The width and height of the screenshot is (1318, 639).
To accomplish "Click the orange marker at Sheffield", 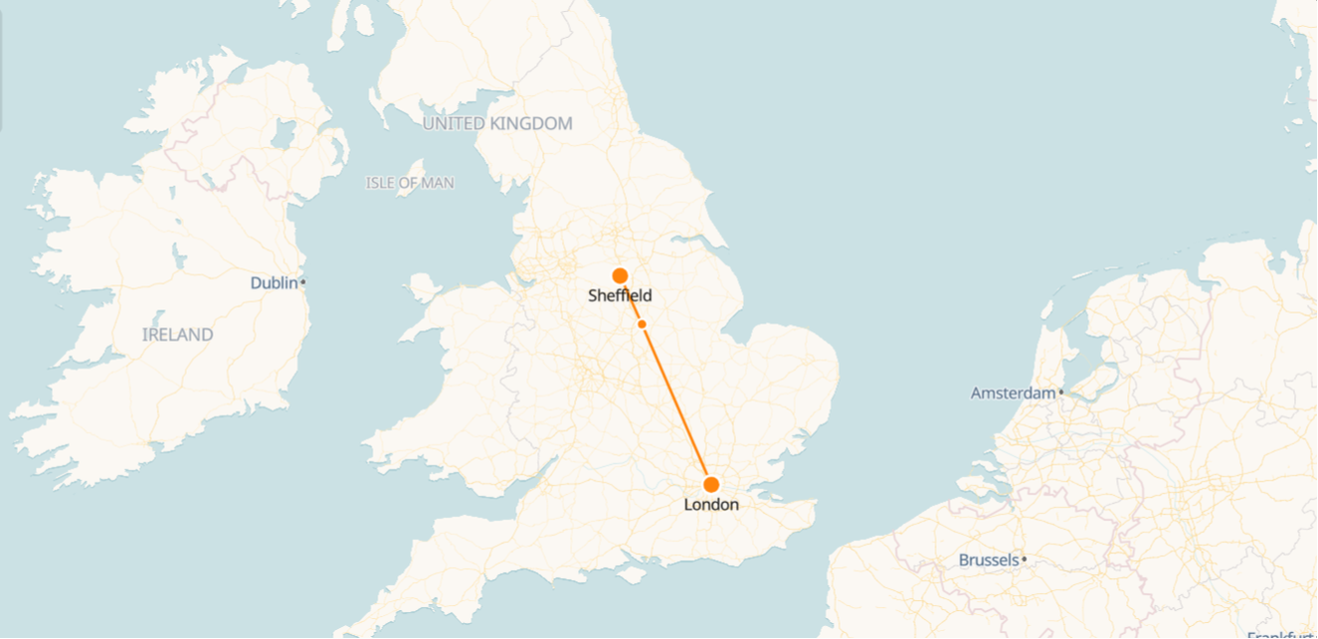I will coord(620,275).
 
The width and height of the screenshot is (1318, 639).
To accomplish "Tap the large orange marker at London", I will coord(711,485).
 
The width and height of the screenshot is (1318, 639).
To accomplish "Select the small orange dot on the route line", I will coord(643,324).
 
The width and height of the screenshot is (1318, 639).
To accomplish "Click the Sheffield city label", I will coord(620,296).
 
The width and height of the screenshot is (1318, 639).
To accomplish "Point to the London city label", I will coord(711,505).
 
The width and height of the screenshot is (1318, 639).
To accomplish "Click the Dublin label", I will coord(274,283).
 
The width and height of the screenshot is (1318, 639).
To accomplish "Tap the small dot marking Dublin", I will coord(303,282).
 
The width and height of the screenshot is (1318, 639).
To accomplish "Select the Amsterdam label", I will coord(1013,394).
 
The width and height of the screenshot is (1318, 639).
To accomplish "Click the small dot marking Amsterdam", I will coord(1061,392).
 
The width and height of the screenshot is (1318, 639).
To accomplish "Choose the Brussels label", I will coord(989,560).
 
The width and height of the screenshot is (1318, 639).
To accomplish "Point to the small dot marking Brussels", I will coord(1024,559).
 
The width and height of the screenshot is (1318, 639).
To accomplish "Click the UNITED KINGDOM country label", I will coord(497,124).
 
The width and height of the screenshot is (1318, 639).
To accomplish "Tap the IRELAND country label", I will coord(177,335).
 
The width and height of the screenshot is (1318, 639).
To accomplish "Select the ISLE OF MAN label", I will coord(410,183).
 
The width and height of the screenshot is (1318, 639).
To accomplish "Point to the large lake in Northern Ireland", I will coord(282,134).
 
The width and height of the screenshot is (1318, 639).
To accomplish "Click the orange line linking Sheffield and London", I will coord(676,402).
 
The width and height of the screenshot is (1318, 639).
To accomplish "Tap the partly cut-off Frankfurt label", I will coord(1282,635).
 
